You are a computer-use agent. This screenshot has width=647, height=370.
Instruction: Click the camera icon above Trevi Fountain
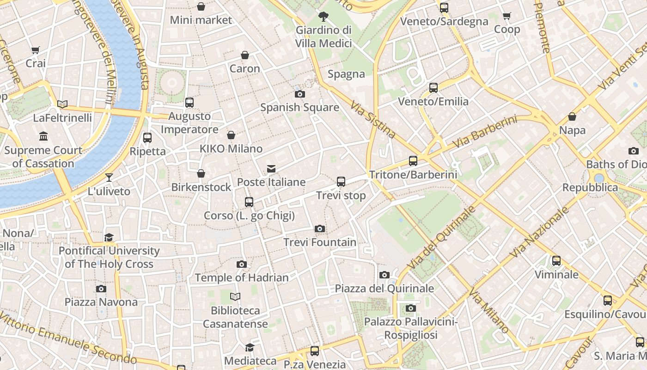click(x=319, y=228)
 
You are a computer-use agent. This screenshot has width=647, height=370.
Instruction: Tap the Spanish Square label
click(x=299, y=108)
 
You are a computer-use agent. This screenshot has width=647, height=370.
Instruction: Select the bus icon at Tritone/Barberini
click(x=413, y=161)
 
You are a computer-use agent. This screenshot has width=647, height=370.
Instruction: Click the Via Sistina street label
click(x=373, y=120)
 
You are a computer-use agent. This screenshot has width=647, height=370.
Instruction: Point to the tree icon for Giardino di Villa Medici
click(x=323, y=17)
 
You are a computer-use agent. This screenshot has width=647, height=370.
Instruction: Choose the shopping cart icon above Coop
click(x=507, y=16)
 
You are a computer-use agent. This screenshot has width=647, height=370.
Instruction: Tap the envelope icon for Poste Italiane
click(x=271, y=169)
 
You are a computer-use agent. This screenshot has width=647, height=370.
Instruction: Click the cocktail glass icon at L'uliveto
click(x=109, y=177)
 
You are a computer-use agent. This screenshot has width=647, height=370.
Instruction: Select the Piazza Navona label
click(x=101, y=302)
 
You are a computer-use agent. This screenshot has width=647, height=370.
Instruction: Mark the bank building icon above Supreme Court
click(x=43, y=136)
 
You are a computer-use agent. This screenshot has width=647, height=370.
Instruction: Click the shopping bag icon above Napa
click(x=572, y=117)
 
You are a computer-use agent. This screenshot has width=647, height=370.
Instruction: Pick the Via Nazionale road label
click(x=539, y=233)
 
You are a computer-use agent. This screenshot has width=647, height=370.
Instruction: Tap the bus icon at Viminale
click(x=556, y=261)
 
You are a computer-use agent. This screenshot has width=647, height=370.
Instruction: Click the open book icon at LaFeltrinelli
click(x=62, y=104)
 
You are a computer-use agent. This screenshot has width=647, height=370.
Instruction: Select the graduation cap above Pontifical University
click(x=109, y=237)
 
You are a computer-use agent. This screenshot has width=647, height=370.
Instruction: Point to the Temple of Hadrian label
click(x=241, y=277)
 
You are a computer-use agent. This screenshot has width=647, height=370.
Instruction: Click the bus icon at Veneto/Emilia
click(x=433, y=88)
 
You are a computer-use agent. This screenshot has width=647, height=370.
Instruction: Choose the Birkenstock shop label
click(x=201, y=187)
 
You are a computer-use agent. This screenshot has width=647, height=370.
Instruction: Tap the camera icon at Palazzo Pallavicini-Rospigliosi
click(x=410, y=308)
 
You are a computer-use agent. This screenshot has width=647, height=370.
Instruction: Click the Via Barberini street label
click(x=485, y=132)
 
